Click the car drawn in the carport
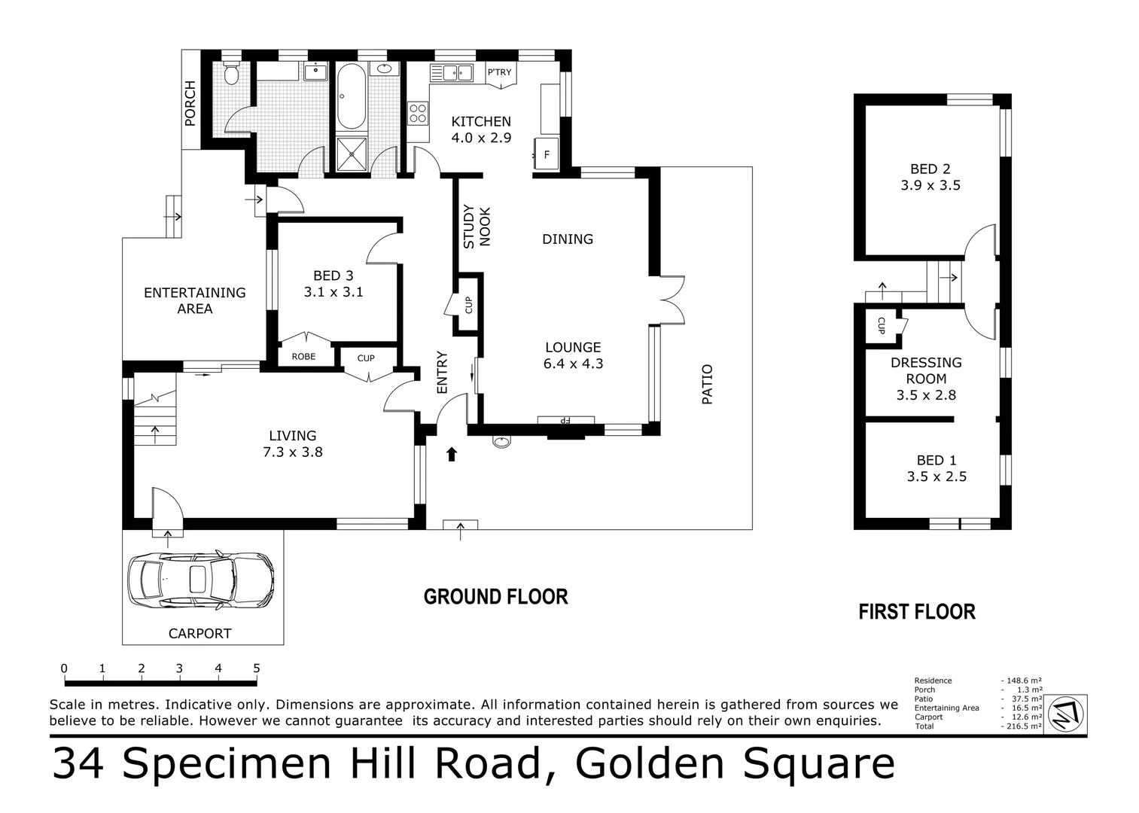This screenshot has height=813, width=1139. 200,580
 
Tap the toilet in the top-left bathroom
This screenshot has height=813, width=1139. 232,74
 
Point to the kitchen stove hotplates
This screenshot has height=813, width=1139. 417,113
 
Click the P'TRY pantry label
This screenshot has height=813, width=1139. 499,72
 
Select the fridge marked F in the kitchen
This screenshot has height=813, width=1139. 547,155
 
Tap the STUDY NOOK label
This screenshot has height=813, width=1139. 476,227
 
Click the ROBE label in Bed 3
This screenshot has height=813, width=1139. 303,356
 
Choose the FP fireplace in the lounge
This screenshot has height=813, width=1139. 566,420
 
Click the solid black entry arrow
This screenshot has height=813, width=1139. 452,453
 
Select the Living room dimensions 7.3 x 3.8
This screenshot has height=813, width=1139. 292,452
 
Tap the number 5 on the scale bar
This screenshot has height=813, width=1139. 257,668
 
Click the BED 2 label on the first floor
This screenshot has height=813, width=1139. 930,169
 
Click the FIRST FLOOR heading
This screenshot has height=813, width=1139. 916,612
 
